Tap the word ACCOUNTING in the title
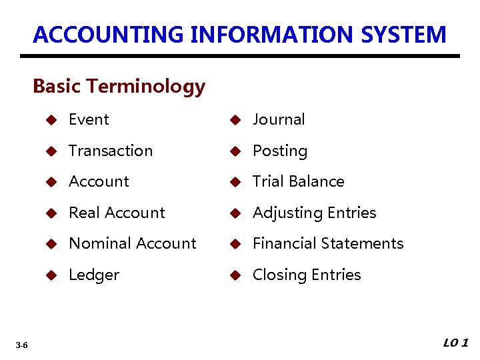(x=109, y=34)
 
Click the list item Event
(x=89, y=120)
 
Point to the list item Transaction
(x=111, y=151)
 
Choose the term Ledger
(x=94, y=275)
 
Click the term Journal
(x=279, y=120)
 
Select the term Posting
(x=280, y=151)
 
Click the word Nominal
(x=97, y=243)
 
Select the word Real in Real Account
(x=83, y=213)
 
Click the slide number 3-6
(x=21, y=345)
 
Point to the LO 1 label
(x=457, y=343)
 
